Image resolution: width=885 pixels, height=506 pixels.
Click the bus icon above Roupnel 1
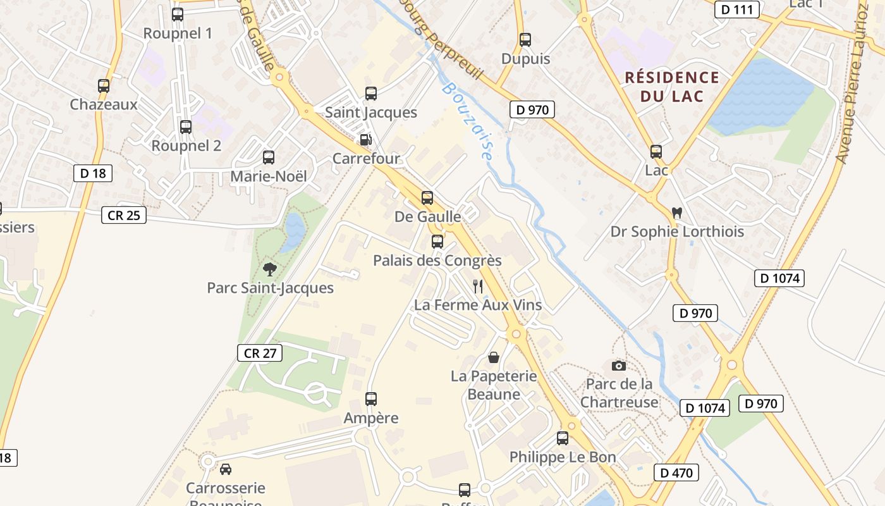178,15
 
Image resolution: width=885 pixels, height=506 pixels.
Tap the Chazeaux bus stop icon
104,86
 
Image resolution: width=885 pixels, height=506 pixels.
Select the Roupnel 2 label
186,145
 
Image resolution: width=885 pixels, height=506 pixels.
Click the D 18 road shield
93,173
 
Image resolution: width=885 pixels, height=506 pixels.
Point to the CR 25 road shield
124,215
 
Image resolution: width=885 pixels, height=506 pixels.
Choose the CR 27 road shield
260,353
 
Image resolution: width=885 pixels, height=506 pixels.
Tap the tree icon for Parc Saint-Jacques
270,269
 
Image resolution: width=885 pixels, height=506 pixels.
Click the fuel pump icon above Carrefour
365,140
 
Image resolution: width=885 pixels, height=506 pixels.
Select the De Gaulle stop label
427,216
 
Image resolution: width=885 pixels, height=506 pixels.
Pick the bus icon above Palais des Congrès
437,242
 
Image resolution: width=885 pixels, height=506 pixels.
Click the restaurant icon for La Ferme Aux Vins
478,287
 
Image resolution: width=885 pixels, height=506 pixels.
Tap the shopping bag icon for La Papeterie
494,358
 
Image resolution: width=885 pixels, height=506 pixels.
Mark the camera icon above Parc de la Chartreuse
619,366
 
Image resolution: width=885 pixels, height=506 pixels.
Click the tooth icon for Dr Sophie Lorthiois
677,213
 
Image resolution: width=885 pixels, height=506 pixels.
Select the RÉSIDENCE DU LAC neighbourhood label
672,87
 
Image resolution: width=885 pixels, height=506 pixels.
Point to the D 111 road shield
737,9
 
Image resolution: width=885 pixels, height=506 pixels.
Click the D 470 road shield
676,472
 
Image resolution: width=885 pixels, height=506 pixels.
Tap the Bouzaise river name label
468,120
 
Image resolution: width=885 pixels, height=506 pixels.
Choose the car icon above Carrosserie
225,469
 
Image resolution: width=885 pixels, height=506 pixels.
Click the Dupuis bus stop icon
525,40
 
